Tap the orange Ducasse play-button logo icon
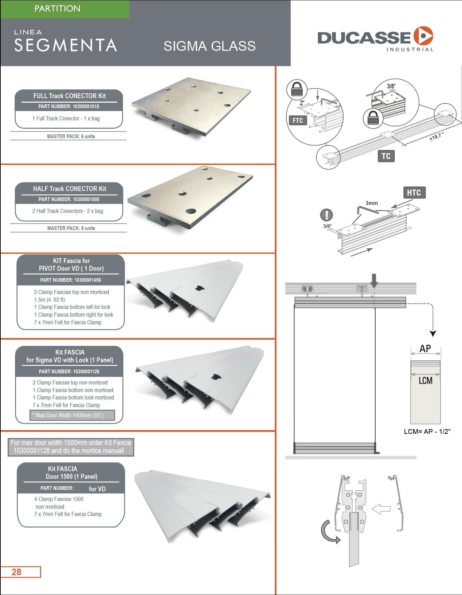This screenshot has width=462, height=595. point(423,36)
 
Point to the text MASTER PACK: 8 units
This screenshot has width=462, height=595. point(71,228)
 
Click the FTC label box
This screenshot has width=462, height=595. point(298,120)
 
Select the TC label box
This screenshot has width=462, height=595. point(386,156)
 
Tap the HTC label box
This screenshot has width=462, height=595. point(414,192)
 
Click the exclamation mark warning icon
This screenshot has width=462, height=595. point(326,215)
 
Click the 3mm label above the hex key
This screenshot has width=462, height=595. point(371,203)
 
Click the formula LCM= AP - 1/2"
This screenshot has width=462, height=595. point(427,431)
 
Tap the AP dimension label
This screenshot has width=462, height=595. point(425,348)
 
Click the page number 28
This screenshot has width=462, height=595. point(17,572)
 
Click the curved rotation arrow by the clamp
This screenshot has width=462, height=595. point(329,531)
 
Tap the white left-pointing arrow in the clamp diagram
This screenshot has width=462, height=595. point(381,509)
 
